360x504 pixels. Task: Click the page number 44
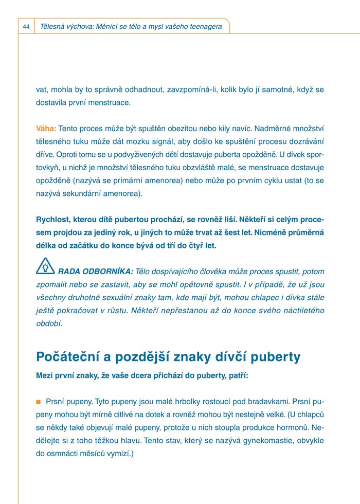[26, 26]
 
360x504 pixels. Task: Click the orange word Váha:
[46, 128]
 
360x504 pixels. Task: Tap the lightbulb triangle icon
[45, 266]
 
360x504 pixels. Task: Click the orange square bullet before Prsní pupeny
[38, 401]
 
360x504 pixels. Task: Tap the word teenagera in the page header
[203, 26]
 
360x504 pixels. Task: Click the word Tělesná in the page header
[52, 26]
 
